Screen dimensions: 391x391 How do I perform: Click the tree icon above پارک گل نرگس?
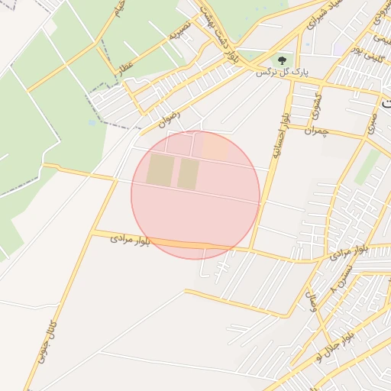point(283,59)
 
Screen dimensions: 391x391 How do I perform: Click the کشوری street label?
point(316,108)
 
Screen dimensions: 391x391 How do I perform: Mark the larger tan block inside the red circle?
point(160,170)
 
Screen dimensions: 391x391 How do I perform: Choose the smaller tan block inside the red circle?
point(188,173)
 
